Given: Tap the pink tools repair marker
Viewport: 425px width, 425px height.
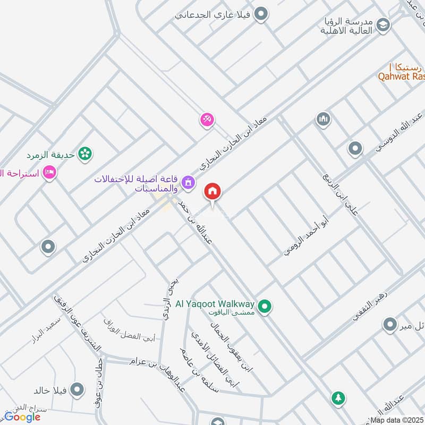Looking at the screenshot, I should coord(207,120).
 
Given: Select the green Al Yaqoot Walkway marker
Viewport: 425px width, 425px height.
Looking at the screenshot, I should coord(265,306).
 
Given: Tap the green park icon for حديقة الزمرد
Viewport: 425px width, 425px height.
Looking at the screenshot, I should coord(84,154).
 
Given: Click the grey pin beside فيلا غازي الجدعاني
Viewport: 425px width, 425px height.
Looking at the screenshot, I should coord(260,14).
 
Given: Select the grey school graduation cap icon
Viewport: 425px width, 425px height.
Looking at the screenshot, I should coord(382,24).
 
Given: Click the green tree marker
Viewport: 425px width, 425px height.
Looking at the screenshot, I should coord(337,397).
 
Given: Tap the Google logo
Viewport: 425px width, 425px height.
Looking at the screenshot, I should coord(22,417).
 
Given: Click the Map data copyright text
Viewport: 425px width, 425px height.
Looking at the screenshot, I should coord(397,420).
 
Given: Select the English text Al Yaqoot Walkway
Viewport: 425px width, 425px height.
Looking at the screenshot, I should coord(215,305).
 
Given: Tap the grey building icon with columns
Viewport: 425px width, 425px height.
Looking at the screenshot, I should coord(323,120).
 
